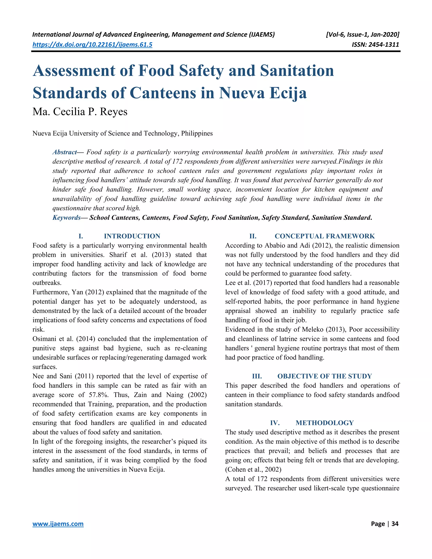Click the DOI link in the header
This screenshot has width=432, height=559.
coord(92,45)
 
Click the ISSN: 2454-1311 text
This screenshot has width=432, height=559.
coord(375,45)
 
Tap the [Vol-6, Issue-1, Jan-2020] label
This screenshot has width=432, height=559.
coord(362,35)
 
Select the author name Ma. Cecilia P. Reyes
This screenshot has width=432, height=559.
coord(80,112)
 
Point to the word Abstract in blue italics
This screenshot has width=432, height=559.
coord(65,152)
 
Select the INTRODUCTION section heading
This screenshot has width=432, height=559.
coord(132,236)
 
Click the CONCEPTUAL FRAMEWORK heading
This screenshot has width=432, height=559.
coord(324,236)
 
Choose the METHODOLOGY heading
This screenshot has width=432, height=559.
coord(324,423)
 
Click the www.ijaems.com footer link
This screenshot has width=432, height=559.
coord(58,524)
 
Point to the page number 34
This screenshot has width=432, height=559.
coord(395,524)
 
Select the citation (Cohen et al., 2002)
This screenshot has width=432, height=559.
coord(253,469)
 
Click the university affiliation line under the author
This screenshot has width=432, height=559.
coord(122,134)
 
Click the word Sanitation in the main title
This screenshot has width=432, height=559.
coord(297,71)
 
